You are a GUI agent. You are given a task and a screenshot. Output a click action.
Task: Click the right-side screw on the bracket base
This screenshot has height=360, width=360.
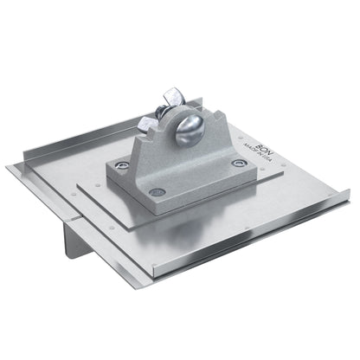click(239, 163)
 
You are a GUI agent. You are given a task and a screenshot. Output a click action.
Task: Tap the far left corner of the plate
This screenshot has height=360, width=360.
click(10, 166)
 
